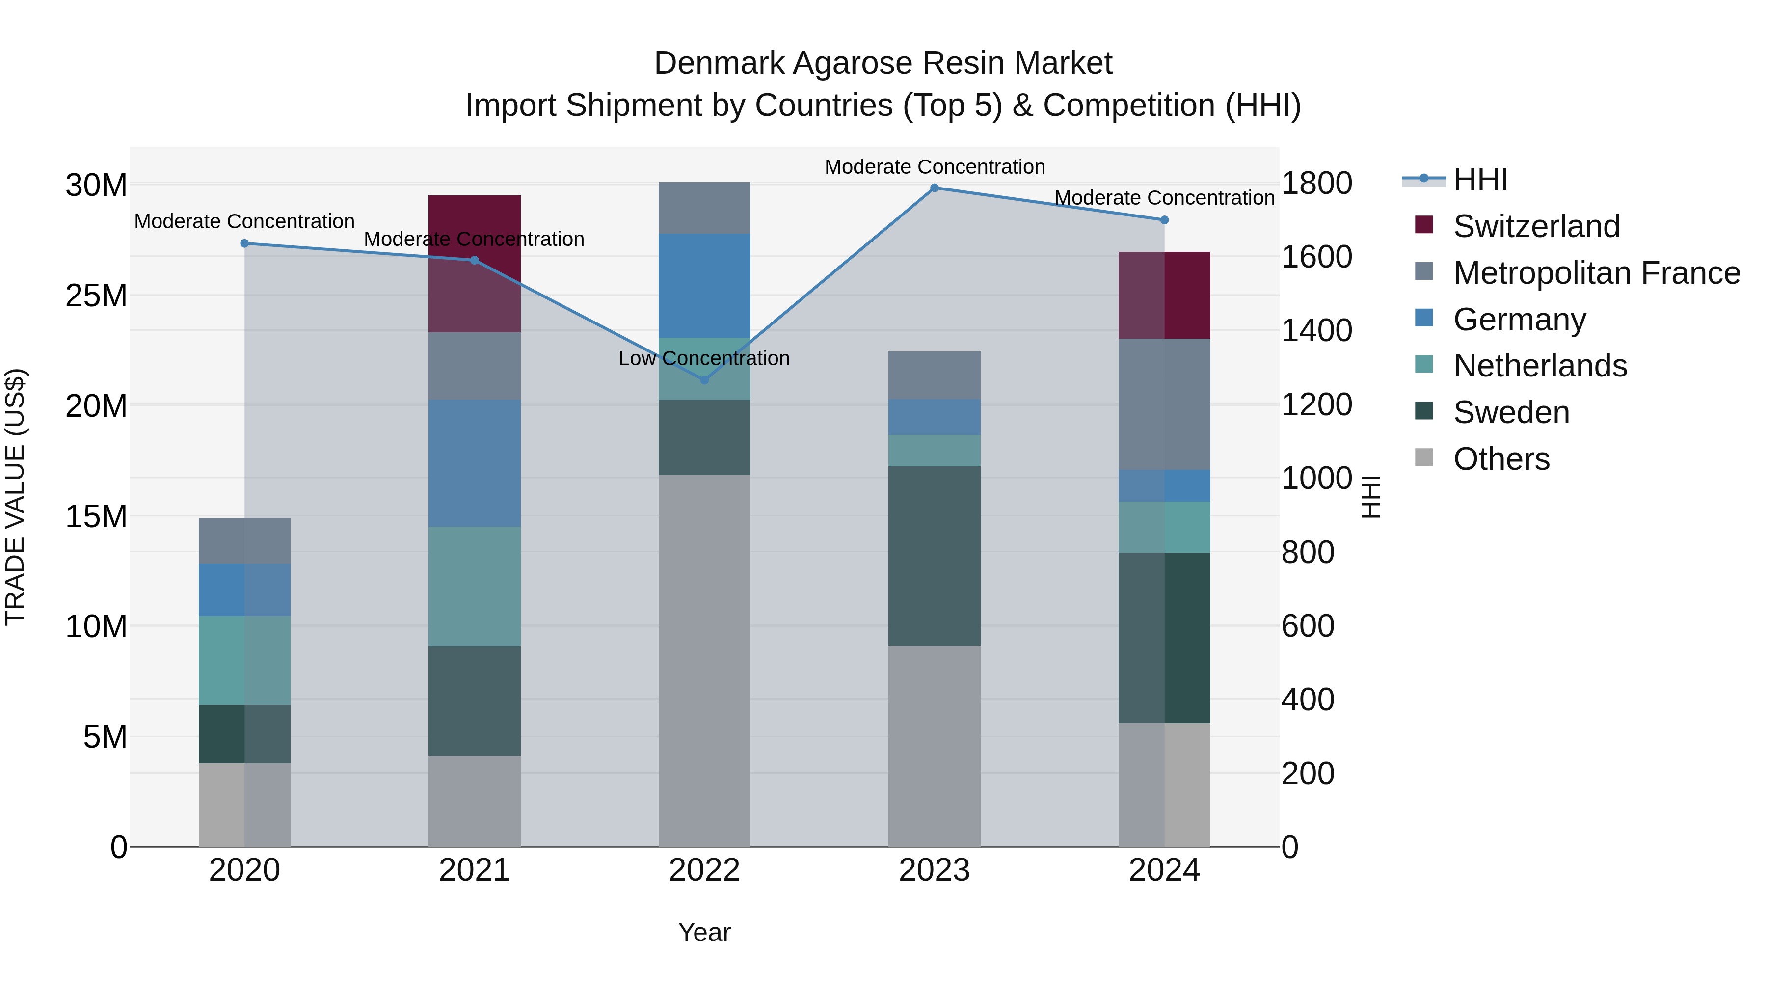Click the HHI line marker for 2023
[x=934, y=188]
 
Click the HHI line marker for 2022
[x=704, y=379]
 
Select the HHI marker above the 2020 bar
[x=245, y=243]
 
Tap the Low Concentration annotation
[x=704, y=359]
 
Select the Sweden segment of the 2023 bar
[x=934, y=556]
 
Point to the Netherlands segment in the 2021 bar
[x=475, y=587]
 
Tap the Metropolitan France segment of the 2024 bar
[x=1164, y=404]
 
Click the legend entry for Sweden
[x=1511, y=412]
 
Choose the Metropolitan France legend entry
[x=1596, y=273]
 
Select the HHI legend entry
[x=1480, y=180]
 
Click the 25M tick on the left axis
[x=96, y=296]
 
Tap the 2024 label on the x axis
[x=1164, y=870]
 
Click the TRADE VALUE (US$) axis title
[x=15, y=497]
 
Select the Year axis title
[x=704, y=932]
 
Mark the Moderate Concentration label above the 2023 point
[x=934, y=167]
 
